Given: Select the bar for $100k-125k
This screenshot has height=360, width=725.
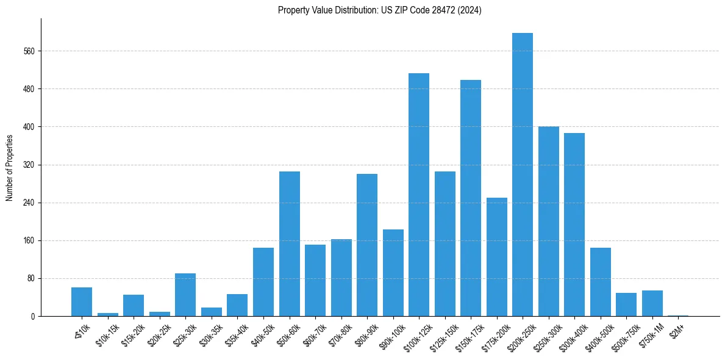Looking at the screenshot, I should (x=419, y=195).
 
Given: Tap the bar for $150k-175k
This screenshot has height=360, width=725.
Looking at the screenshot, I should (x=471, y=198).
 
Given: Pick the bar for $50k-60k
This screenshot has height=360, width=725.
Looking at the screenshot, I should (x=290, y=244).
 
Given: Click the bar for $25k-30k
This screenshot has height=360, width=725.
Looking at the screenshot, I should (x=185, y=295).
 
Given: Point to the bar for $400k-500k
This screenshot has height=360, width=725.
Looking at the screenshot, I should (x=601, y=282).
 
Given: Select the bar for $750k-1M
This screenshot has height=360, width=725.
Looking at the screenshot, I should (x=652, y=303).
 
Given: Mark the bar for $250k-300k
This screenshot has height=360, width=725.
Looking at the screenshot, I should (x=549, y=221).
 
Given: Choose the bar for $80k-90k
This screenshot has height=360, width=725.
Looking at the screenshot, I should (x=367, y=245).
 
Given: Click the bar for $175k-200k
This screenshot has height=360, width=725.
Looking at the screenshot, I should (x=497, y=257).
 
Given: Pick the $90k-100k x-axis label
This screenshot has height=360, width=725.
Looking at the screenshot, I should (x=391, y=336).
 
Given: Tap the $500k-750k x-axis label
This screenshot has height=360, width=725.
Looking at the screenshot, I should (x=624, y=336).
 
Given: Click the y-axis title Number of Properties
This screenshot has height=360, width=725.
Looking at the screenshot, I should (x=9, y=168).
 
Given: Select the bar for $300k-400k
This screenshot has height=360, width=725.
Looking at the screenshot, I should (x=574, y=225).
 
